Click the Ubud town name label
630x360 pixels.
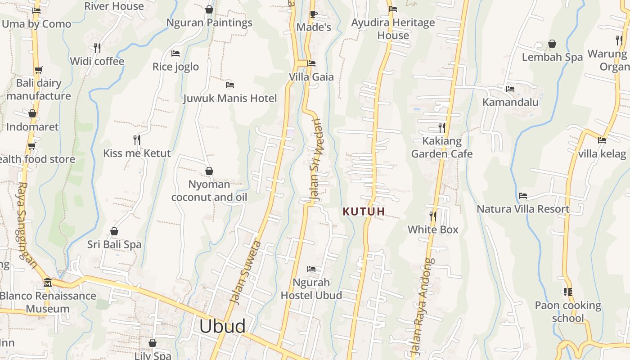click(222, 326)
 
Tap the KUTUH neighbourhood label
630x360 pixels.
click(364, 211)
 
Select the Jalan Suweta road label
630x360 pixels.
click(245, 272)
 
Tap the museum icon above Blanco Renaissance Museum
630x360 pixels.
click(47, 283)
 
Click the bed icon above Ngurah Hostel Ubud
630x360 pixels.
click(311, 269)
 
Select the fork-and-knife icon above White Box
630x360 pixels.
click(433, 216)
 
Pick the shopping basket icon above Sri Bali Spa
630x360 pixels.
click(114, 231)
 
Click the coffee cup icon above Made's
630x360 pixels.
click(314, 14)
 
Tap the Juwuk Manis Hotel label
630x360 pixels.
click(229, 98)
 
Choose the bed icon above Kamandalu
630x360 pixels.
click(510, 89)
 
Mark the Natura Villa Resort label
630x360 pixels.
click(523, 209)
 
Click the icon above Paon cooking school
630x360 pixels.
click(568, 292)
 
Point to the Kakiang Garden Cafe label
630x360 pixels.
click(442, 148)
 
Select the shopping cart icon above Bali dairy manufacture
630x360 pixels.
click(38, 70)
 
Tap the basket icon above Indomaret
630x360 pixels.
click(32, 113)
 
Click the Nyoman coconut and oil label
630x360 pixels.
click(209, 191)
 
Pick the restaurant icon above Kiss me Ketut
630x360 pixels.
click(137, 140)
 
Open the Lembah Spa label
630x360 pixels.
click(552, 57)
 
